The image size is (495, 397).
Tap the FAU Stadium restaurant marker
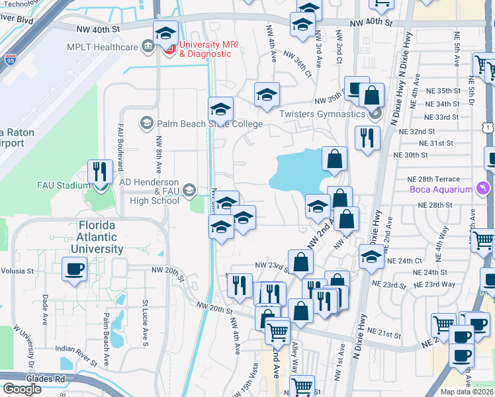[101, 172]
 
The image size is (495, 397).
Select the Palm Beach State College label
[210, 124]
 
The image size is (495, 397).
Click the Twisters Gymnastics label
[322, 114]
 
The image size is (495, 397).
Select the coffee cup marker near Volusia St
[74, 269]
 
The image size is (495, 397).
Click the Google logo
[22, 388]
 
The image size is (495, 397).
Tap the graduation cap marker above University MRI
[165, 32]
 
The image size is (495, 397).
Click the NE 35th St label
[442, 91]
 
